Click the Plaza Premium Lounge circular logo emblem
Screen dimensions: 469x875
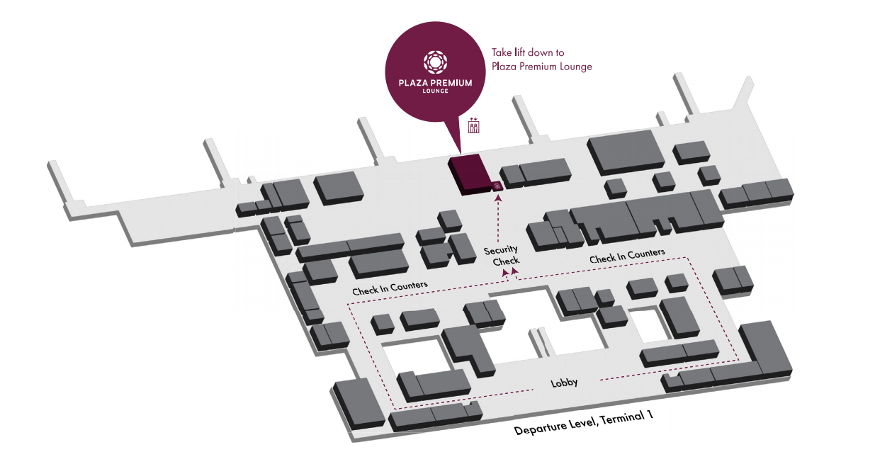435,62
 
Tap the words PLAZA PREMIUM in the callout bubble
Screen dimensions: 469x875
435,83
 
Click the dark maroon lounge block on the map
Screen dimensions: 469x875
468,174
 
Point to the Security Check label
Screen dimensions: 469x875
502,255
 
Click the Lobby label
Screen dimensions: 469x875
565,383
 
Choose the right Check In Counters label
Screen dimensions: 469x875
627,256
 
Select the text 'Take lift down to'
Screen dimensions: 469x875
528,52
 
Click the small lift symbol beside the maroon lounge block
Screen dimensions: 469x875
497,186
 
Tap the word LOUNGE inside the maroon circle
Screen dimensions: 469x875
435,91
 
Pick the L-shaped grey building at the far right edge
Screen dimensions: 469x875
765,351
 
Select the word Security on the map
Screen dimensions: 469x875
501,250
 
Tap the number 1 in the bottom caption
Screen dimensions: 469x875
648,414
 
